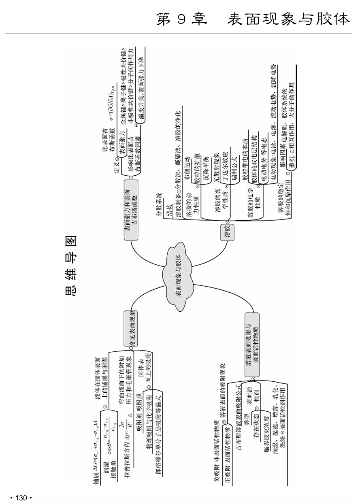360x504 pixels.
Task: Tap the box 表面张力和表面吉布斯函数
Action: pyautogui.click(x=131, y=211)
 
